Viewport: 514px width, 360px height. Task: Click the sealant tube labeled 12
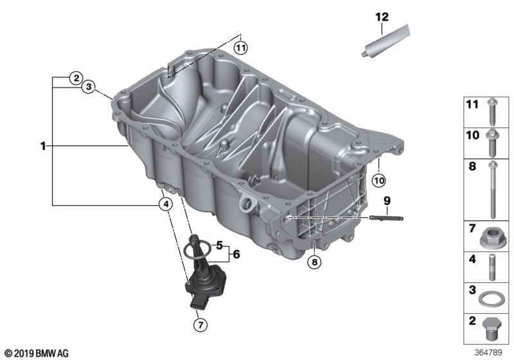(386, 40)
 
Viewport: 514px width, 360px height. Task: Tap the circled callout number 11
(240, 48)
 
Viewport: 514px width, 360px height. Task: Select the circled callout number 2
(76, 78)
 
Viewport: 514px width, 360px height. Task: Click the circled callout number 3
(88, 87)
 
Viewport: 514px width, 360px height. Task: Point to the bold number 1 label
(43, 146)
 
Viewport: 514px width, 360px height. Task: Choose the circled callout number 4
(166, 204)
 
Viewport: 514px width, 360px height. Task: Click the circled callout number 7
(200, 325)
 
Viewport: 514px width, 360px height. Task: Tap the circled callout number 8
(314, 262)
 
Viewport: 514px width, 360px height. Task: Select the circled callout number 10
(378, 180)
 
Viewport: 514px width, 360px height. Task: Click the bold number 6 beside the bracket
(236, 254)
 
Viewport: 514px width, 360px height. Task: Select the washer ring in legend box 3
(491, 299)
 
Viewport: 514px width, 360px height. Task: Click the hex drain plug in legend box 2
(492, 329)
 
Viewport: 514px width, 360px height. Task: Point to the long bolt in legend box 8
(493, 190)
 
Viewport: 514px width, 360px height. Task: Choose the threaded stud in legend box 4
(492, 267)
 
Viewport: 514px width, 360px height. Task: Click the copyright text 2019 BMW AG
(37, 354)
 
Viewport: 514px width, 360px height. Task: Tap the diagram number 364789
(488, 352)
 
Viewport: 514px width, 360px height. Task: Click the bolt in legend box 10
(492, 143)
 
